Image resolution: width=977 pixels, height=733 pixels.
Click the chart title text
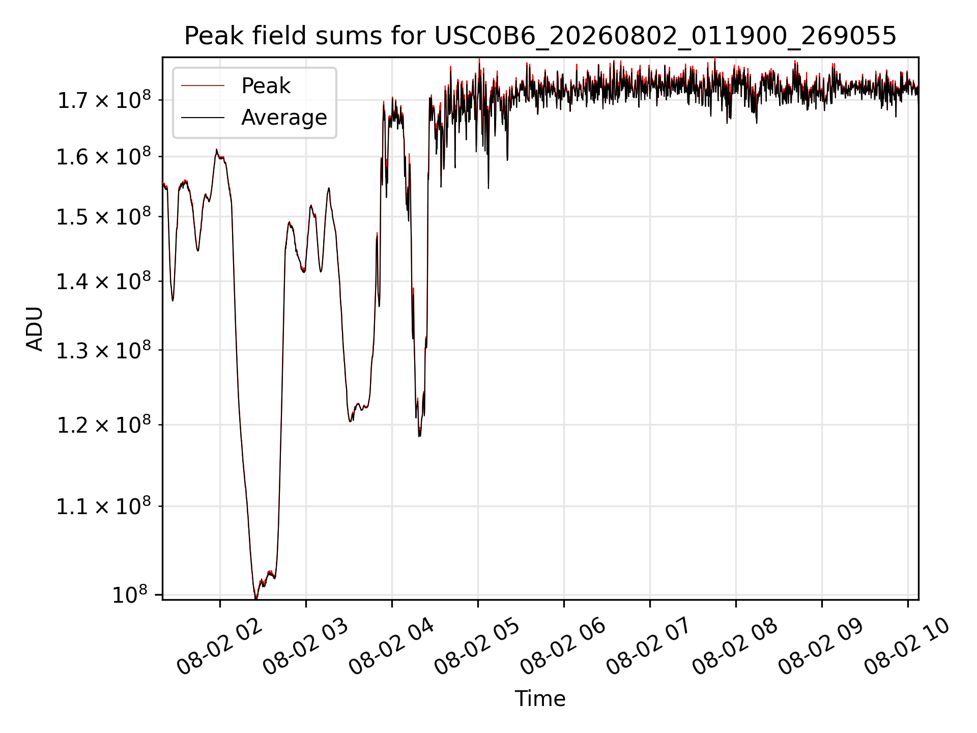click(x=540, y=36)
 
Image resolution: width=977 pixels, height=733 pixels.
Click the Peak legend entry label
click(x=266, y=86)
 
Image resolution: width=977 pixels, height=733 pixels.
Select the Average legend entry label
click(x=284, y=118)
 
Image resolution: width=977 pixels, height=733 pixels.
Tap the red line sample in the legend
click(x=203, y=86)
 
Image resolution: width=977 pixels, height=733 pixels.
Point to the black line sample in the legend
click(x=203, y=118)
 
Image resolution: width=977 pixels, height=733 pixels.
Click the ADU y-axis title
click(x=35, y=328)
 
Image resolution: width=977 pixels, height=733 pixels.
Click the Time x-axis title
click(x=540, y=699)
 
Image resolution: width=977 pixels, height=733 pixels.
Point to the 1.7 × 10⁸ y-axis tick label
click(x=104, y=99)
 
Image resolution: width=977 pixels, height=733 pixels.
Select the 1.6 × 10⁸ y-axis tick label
click(x=104, y=156)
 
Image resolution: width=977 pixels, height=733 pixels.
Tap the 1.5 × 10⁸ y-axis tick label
click(x=104, y=216)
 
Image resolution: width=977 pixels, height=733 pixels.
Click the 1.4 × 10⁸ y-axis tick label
click(x=104, y=280)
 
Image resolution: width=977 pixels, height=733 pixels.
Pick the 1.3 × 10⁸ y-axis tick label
click(x=104, y=350)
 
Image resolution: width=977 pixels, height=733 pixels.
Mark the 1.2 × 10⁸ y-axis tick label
click(x=104, y=424)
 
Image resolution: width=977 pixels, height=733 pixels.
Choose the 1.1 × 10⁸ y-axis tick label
click(x=104, y=505)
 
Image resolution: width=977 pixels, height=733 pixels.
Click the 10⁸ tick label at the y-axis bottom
click(x=130, y=594)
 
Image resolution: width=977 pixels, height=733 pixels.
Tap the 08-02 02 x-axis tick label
click(x=219, y=646)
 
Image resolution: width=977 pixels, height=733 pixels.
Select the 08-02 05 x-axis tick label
click(x=477, y=646)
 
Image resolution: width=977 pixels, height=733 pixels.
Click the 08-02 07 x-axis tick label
click(x=649, y=646)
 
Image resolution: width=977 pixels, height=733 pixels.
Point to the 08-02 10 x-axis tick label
click(x=907, y=646)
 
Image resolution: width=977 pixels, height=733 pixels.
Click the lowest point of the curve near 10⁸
click(x=255, y=598)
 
